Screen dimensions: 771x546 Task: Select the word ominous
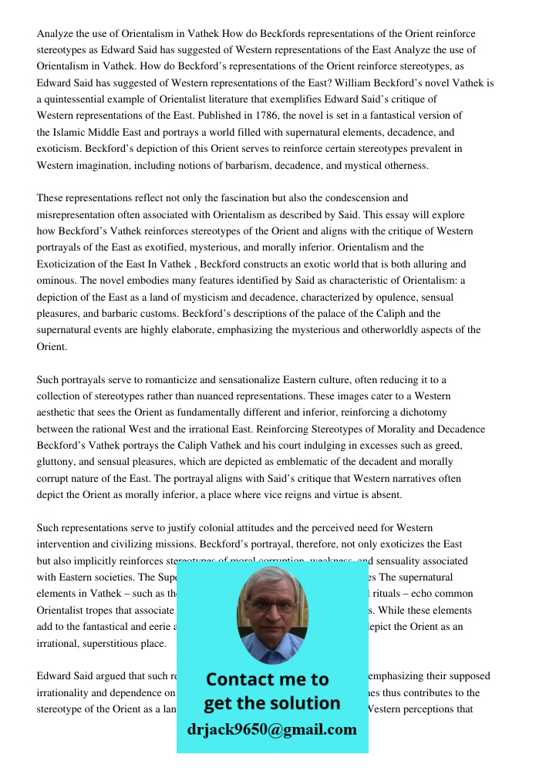pos(58,281)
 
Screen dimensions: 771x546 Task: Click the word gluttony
pos(59,462)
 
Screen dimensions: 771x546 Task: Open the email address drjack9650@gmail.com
pos(271,729)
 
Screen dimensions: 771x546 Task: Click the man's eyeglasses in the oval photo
pos(272,606)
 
